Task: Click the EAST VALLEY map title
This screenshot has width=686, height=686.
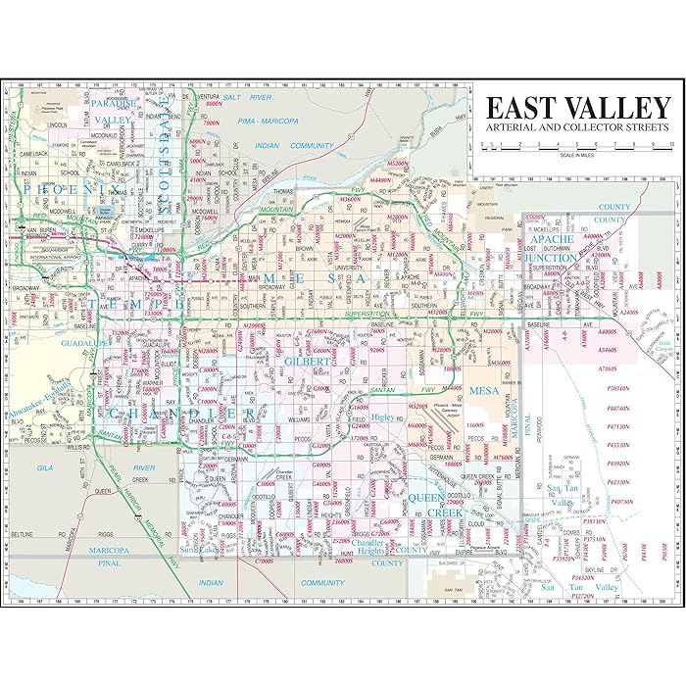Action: click(x=577, y=107)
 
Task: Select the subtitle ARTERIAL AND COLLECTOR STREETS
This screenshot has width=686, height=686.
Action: click(x=577, y=128)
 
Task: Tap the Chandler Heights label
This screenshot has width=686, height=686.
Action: click(x=369, y=547)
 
